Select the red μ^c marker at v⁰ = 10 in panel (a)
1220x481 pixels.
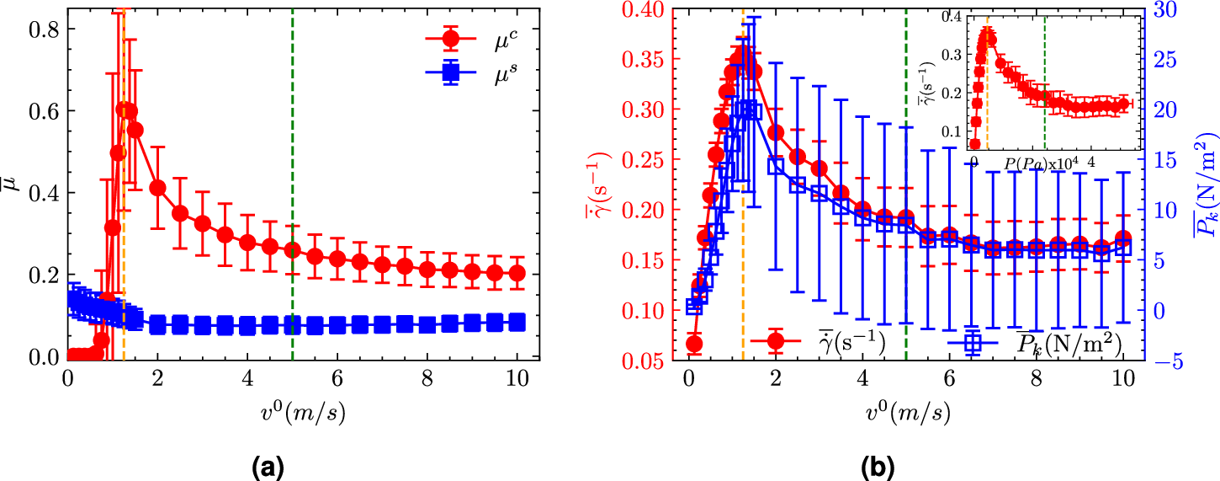[517, 273]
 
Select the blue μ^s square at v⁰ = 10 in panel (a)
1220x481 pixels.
[517, 322]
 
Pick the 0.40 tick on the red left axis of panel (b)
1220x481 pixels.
[648, 10]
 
